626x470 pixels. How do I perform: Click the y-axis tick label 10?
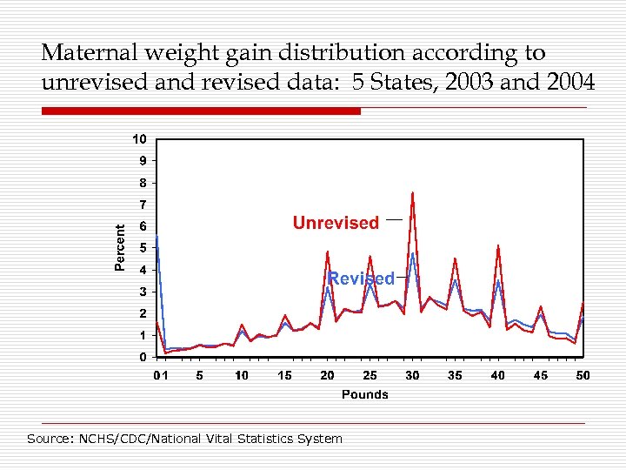click(139, 139)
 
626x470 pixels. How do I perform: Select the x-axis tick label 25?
click(370, 375)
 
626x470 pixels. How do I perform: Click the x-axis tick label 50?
click(583, 375)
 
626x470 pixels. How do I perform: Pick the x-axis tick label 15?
click(284, 375)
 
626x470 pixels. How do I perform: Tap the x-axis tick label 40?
click(497, 375)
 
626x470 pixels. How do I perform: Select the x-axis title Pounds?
click(365, 394)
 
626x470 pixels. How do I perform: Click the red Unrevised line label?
click(336, 223)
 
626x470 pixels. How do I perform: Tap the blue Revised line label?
click(361, 279)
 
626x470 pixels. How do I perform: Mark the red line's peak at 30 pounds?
click(412, 192)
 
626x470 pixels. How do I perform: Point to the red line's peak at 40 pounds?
click(497, 245)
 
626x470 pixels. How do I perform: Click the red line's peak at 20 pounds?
click(327, 252)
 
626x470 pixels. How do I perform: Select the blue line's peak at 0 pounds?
click(156, 237)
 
